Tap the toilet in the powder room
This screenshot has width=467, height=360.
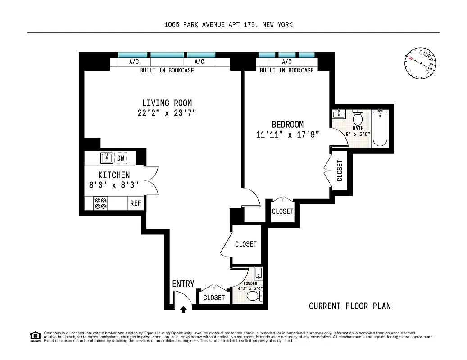[255, 296]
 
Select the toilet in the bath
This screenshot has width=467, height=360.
[358, 118]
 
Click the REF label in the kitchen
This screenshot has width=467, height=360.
[136, 203]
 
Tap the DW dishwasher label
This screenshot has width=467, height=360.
[121, 158]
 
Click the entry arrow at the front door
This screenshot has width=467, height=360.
[183, 309]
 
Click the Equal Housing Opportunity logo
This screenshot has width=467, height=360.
[34, 336]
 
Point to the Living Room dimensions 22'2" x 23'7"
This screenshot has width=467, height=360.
[167, 113]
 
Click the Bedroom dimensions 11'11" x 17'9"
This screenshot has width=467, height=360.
[288, 134]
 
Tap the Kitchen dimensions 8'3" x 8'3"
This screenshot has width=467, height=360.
[114, 184]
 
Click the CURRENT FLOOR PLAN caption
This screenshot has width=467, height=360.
[349, 306]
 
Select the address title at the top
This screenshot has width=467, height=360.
[228, 25]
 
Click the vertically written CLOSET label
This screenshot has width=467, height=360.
[340, 171]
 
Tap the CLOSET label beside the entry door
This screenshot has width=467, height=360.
[214, 297]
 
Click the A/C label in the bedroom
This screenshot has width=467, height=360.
[286, 62]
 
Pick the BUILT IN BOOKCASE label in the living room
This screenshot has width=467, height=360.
[167, 70]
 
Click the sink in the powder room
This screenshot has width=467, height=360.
[258, 273]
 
